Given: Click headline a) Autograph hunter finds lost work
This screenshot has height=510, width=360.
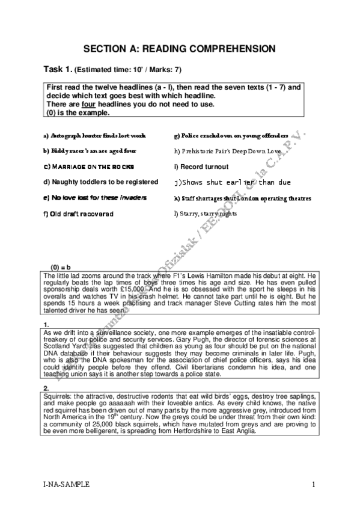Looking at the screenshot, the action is [x=94, y=136].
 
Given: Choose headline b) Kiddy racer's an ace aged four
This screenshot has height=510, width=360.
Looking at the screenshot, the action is [x=90, y=151].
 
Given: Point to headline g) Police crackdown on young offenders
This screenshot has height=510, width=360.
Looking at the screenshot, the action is [x=231, y=136].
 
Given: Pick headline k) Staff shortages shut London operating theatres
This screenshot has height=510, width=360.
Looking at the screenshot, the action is [x=242, y=197].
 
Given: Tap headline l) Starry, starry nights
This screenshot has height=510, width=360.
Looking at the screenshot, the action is [x=204, y=214].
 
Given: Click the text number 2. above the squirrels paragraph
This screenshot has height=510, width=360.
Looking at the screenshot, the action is [x=47, y=387].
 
